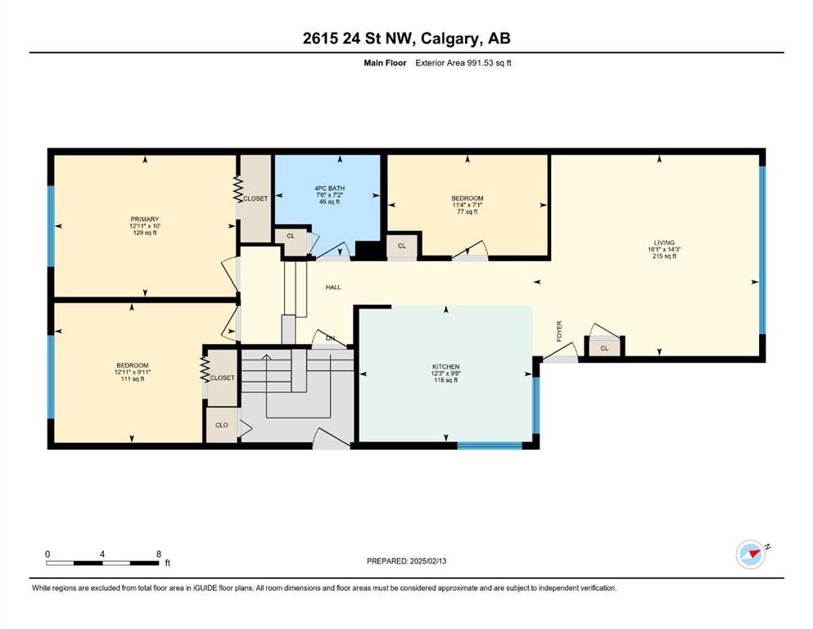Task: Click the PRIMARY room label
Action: tap(144, 219)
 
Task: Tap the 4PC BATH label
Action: tap(329, 188)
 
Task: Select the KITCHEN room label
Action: tap(445, 367)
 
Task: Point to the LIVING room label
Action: tap(664, 242)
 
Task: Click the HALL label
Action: tap(333, 287)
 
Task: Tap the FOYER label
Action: tap(559, 332)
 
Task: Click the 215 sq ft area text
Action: tap(664, 256)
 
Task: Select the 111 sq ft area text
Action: tap(132, 379)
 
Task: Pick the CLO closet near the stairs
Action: tap(221, 425)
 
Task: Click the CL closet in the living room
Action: tap(604, 348)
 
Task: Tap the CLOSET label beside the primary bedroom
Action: tap(255, 198)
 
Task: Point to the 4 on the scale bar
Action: tap(102, 554)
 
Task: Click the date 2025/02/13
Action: tap(428, 561)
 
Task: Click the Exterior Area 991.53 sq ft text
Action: tap(463, 63)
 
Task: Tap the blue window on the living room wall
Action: tap(761, 250)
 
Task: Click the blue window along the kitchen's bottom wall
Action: tap(490, 445)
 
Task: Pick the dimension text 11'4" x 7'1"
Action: tap(467, 205)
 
